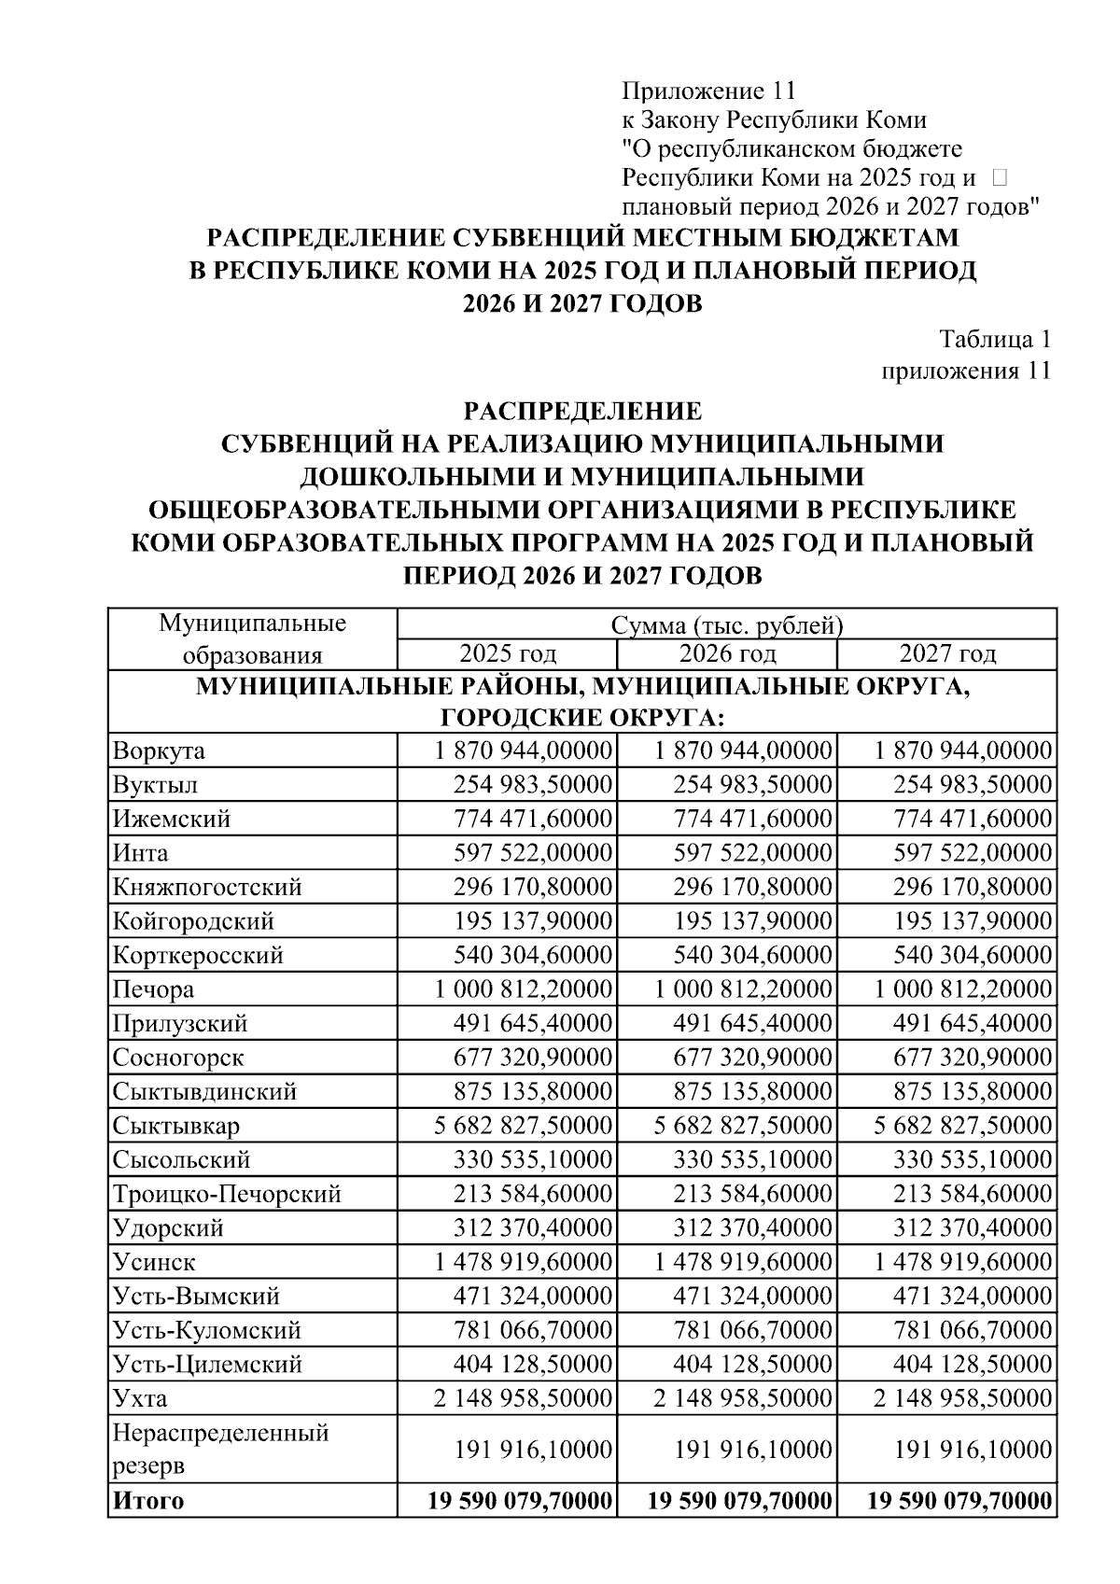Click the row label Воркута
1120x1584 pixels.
(x=159, y=751)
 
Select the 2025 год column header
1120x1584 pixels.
(x=507, y=653)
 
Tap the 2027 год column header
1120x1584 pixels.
(x=946, y=653)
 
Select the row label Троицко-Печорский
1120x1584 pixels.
(x=227, y=1194)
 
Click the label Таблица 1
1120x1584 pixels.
(x=994, y=339)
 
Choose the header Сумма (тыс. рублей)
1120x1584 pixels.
(x=726, y=625)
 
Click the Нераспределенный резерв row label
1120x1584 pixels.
(x=220, y=1449)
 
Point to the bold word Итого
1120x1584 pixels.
(x=148, y=1501)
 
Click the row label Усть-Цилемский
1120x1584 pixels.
(x=207, y=1365)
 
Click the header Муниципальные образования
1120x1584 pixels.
(x=252, y=638)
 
